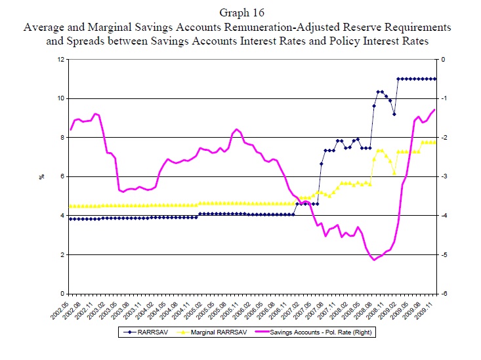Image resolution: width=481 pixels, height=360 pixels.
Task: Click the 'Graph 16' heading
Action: click(240, 13)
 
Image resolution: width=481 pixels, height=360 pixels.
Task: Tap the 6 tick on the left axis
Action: click(62, 176)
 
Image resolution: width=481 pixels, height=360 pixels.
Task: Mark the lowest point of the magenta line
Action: click(375, 260)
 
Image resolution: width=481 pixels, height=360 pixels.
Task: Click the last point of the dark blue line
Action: click(435, 79)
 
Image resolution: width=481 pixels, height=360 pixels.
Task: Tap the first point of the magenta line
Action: click(71, 129)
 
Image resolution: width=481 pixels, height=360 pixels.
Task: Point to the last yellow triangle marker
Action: click(435, 142)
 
